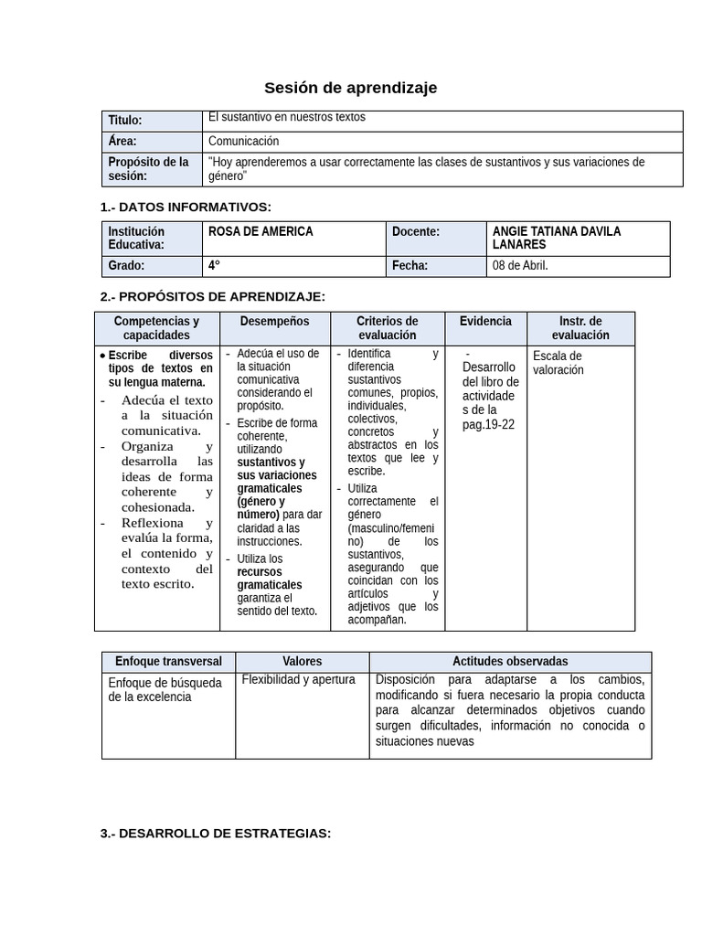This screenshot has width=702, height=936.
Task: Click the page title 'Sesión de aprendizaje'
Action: coord(350,88)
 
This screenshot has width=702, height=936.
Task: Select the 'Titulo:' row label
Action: coord(125,121)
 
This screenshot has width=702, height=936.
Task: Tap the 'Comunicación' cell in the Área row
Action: coord(243,142)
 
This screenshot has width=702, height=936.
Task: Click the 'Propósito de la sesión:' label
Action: coord(148,169)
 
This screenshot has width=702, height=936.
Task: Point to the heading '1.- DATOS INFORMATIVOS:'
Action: coord(186,207)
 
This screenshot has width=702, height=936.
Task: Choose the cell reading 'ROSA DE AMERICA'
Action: coord(261,232)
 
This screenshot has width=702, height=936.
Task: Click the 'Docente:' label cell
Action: coord(416,232)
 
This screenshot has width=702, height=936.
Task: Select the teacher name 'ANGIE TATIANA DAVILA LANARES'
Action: coord(556,238)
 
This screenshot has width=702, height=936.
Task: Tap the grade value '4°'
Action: coord(215,266)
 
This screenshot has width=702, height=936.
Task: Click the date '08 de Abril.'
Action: coord(520,266)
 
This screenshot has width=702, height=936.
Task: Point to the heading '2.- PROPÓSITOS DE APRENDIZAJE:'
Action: coord(212,296)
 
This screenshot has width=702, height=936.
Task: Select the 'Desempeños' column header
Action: coord(274,322)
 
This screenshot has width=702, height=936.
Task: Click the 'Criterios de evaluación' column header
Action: coord(387,328)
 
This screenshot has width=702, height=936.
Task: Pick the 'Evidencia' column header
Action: coord(485,322)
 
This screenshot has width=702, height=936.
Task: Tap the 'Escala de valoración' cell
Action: coord(558,363)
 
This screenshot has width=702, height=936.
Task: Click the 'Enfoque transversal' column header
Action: coord(168,661)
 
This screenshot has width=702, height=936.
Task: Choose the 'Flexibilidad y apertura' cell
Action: coord(298,680)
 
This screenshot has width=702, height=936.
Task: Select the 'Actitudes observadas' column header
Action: coord(510,661)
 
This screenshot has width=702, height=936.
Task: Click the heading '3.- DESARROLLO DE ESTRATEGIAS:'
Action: coord(216,834)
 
